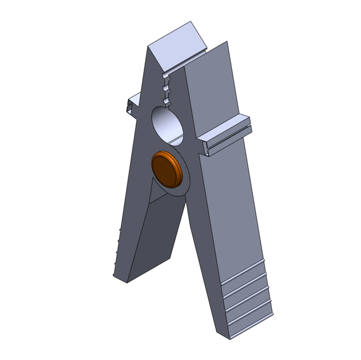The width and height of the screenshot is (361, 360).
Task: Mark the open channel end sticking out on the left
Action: click(131, 105)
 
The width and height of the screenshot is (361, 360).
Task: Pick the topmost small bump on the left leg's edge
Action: click(120, 231)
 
